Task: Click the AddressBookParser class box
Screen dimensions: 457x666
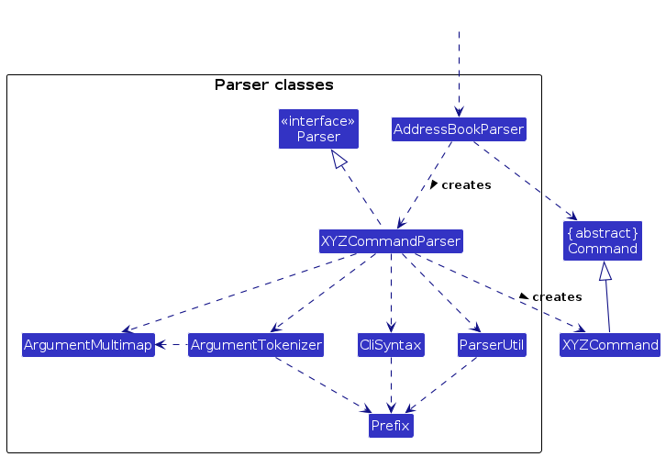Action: (458, 129)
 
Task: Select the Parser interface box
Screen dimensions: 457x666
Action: (318, 128)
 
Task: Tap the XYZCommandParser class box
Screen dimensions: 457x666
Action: (391, 241)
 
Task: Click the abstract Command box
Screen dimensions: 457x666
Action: (603, 240)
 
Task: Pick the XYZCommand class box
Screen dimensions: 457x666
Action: (610, 345)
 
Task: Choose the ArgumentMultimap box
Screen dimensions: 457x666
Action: (88, 345)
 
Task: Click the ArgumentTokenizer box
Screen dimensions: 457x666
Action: (256, 345)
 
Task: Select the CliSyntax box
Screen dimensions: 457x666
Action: (391, 345)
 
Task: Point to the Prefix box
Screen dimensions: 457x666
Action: (391, 426)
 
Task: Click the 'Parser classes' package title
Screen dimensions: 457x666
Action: (273, 85)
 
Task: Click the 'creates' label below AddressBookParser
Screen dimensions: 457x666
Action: (466, 185)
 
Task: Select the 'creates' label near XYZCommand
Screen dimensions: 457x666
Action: (557, 297)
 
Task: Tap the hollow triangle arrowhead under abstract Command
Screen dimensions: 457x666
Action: (605, 271)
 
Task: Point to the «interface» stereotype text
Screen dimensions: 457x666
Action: (318, 120)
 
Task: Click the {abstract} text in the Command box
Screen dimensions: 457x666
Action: (603, 232)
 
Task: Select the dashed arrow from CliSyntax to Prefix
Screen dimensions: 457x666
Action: (391, 385)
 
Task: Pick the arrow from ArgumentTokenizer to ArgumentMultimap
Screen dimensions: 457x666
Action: (172, 345)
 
